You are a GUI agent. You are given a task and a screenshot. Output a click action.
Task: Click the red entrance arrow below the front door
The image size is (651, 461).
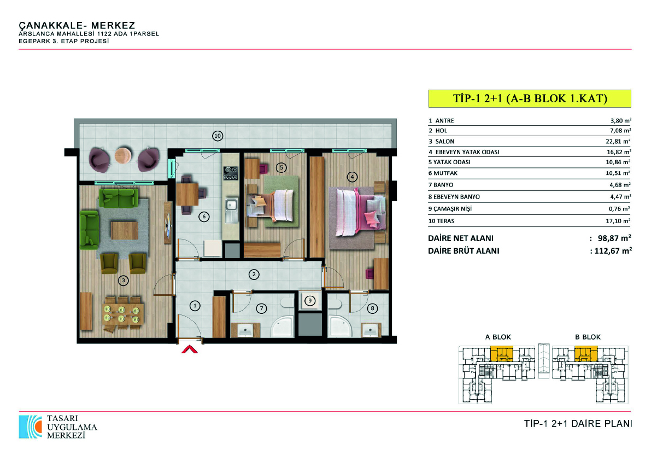[x=189, y=349]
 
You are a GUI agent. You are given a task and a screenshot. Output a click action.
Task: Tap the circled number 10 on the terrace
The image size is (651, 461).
[x=218, y=136]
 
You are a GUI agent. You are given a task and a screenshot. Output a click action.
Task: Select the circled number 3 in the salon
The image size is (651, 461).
[x=123, y=281]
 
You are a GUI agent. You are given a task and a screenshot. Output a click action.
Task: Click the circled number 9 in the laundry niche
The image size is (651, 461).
[x=310, y=300]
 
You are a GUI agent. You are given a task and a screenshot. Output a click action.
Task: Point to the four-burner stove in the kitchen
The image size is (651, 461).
[x=231, y=173]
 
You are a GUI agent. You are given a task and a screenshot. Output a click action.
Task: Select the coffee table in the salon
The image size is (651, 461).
[x=124, y=231]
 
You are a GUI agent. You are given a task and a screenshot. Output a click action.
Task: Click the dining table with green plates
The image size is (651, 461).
[x=123, y=314]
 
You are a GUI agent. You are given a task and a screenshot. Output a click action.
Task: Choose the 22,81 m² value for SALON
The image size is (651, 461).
[x=618, y=141]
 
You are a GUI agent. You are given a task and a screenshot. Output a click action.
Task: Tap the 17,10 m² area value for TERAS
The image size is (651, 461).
[x=618, y=221]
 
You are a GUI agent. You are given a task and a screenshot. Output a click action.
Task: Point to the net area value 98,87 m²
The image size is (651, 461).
[x=614, y=238]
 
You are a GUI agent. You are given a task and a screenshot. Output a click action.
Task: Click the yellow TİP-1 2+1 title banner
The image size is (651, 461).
[x=530, y=98]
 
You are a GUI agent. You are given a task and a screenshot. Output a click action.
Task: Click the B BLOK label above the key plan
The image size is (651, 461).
[x=588, y=337]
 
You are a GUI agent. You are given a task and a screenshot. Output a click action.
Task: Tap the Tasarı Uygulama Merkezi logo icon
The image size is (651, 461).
[x=30, y=427]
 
